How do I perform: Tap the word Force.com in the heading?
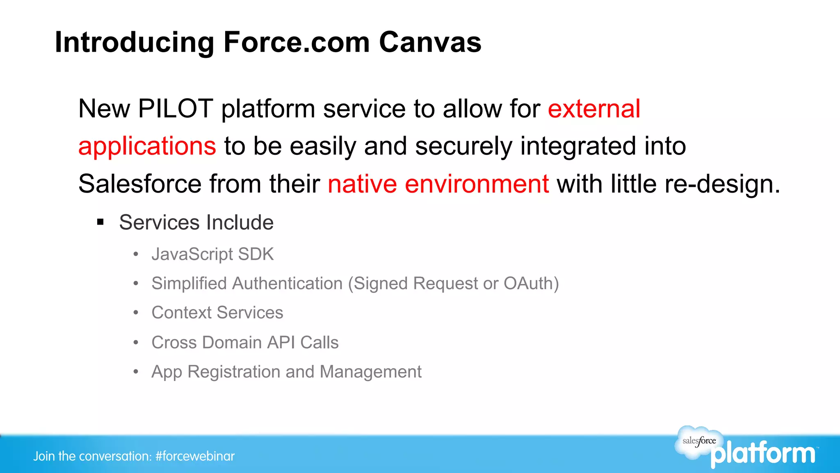(x=297, y=42)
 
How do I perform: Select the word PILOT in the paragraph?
(x=176, y=109)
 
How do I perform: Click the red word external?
(x=594, y=109)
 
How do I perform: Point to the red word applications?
(x=147, y=146)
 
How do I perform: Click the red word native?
(x=362, y=184)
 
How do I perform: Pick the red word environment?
(x=477, y=184)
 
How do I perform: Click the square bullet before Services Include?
(x=100, y=223)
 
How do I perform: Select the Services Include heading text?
(x=196, y=223)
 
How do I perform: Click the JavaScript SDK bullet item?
(x=212, y=254)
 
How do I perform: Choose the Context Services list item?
(x=217, y=313)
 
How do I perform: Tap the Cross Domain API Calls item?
(x=245, y=342)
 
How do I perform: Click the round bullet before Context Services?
(x=136, y=313)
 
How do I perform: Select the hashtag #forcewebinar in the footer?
(x=195, y=456)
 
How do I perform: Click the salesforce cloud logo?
(x=699, y=441)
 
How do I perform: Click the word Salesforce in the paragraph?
(x=139, y=184)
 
